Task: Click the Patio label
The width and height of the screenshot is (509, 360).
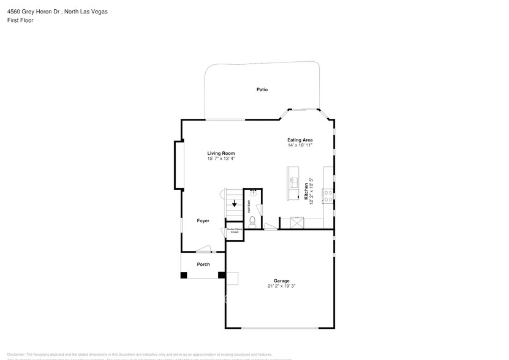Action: click(262, 90)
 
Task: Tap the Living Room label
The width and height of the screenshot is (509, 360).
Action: click(221, 153)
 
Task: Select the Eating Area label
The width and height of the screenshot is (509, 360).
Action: click(300, 140)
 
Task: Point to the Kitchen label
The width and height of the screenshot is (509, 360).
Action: click(306, 190)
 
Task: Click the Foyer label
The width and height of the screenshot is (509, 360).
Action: click(203, 220)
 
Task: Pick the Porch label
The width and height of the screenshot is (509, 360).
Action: click(203, 264)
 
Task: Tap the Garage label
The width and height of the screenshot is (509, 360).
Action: click(281, 281)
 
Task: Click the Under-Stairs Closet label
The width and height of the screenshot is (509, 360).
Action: click(234, 231)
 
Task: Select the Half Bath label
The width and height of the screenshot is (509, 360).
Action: click(249, 206)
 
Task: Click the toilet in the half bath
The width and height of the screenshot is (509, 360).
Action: click(252, 219)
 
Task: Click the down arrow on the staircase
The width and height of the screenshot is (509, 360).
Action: click(233, 205)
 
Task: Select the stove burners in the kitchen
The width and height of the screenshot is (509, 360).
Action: click(328, 196)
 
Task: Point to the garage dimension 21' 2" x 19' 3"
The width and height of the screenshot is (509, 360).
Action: click(281, 286)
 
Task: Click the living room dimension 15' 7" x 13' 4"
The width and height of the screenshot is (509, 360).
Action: click(221, 159)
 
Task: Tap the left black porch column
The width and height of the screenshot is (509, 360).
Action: click(184, 275)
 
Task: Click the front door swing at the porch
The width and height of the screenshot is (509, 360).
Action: click(203, 249)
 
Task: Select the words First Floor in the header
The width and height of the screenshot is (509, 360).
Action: click(20, 20)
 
